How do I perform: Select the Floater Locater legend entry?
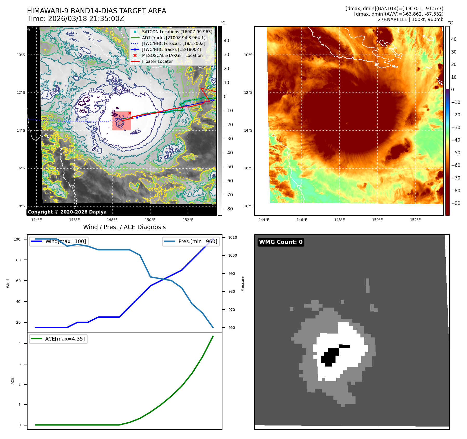[157, 61]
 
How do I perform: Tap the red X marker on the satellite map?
[130, 113]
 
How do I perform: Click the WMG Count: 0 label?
[281, 242]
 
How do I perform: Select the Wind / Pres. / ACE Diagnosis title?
[124, 227]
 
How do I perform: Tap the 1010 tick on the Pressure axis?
[232, 237]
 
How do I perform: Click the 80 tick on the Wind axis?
[18, 260]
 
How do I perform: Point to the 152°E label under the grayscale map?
[188, 220]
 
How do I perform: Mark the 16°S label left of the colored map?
[248, 168]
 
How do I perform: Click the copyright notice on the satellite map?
[67, 212]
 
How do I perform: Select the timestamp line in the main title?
[75, 19]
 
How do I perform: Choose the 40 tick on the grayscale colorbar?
[226, 41]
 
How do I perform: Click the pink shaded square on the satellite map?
[122, 121]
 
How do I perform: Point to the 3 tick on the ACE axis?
[19, 364]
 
